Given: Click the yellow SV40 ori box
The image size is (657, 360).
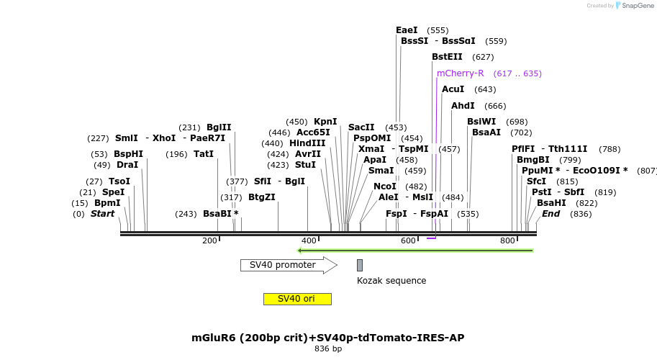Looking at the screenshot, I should click(x=297, y=299).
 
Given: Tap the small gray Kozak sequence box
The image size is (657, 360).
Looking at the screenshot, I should click(x=360, y=265).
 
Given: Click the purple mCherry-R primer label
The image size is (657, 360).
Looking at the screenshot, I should click(x=460, y=73).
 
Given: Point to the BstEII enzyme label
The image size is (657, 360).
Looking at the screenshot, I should click(x=447, y=57).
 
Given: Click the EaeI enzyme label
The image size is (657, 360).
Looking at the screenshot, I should click(x=407, y=30).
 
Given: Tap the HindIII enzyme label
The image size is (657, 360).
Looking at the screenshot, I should click(x=307, y=143).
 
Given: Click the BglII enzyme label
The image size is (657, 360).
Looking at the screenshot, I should click(x=219, y=127).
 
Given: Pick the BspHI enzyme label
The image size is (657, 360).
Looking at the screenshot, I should click(x=128, y=154).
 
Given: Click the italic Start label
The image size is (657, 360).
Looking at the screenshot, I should click(x=102, y=214).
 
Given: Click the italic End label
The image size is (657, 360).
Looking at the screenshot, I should click(x=550, y=214).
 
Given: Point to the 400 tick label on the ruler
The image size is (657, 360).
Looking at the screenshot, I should click(x=309, y=240).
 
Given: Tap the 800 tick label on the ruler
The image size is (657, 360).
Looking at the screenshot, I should click(x=507, y=240).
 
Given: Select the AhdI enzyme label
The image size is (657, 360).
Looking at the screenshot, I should click(x=463, y=106).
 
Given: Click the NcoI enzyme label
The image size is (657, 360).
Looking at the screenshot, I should click(x=385, y=186).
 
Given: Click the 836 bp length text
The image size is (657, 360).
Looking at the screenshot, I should click(x=328, y=349).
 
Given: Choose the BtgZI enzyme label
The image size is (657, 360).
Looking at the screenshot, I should click(x=262, y=197).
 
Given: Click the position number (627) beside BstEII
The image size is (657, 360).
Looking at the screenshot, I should click(x=483, y=57).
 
